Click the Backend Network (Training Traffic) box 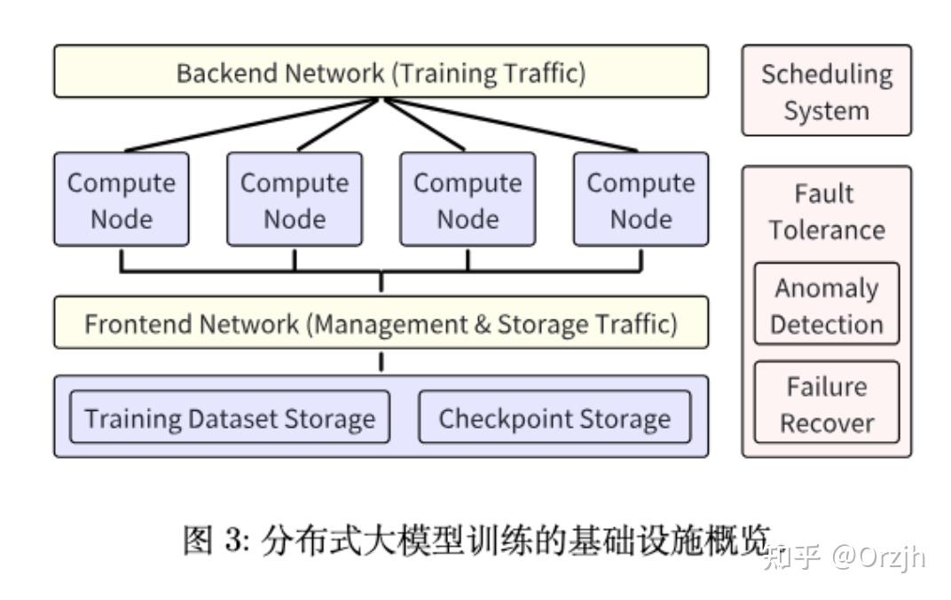click(x=381, y=72)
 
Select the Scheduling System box click(x=826, y=91)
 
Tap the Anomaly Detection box click(x=826, y=305)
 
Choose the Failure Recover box click(x=826, y=404)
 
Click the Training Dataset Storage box click(x=230, y=417)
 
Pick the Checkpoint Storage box click(x=554, y=417)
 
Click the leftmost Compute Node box click(x=121, y=200)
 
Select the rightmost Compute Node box click(x=641, y=200)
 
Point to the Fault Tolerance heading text click(x=826, y=211)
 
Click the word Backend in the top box click(x=226, y=73)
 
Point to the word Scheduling click(x=826, y=75)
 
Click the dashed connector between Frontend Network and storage click(x=381, y=361)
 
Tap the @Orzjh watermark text click(x=878, y=557)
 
